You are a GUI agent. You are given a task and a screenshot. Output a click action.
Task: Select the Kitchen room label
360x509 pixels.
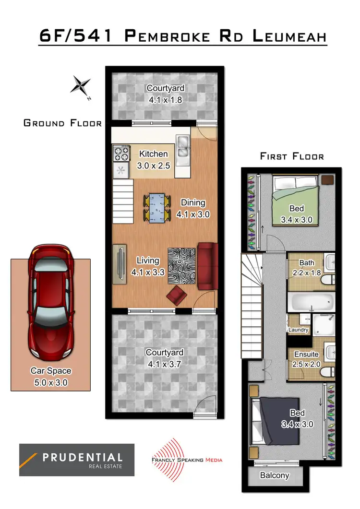(154, 154)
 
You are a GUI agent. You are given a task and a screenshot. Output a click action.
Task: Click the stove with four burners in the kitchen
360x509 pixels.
(121, 154)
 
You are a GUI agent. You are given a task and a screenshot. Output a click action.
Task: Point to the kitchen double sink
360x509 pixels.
(182, 147)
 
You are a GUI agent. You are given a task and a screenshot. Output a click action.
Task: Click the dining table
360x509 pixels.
(157, 208)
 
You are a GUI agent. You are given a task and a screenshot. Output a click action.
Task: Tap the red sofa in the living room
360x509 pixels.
(207, 266)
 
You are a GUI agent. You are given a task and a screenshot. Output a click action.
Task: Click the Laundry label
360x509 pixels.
(298, 330)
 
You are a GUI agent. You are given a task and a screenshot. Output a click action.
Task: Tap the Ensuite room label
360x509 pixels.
(306, 355)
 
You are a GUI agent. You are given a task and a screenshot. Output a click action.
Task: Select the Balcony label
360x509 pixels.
(275, 475)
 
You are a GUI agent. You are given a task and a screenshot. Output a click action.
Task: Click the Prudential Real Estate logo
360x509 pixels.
(77, 460)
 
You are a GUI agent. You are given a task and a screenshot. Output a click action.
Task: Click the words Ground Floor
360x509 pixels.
(62, 123)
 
